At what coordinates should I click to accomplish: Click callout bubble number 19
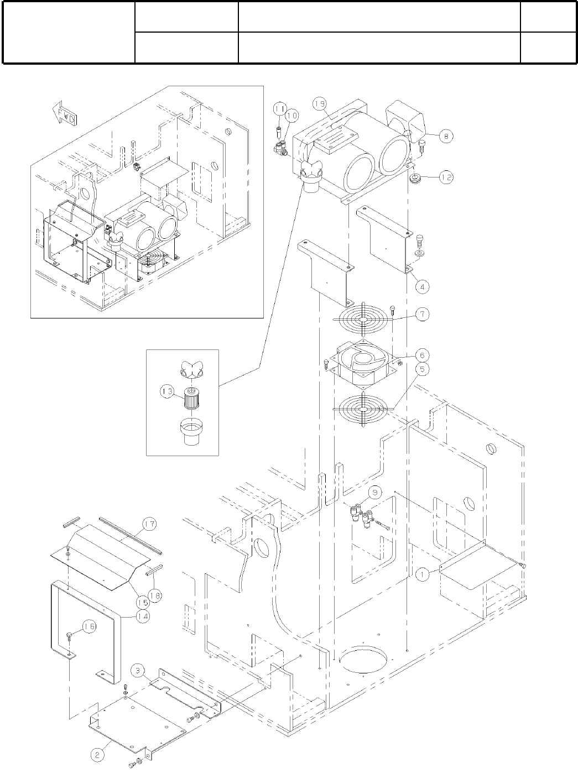pos(319,103)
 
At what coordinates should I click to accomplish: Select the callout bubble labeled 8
pos(446,136)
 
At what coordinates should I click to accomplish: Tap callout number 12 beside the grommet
pos(446,177)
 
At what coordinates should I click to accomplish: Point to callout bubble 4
pos(423,286)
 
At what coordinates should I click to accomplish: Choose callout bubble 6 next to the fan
pos(422,356)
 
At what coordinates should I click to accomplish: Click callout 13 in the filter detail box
pos(168,391)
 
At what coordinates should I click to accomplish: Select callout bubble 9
pos(374,493)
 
